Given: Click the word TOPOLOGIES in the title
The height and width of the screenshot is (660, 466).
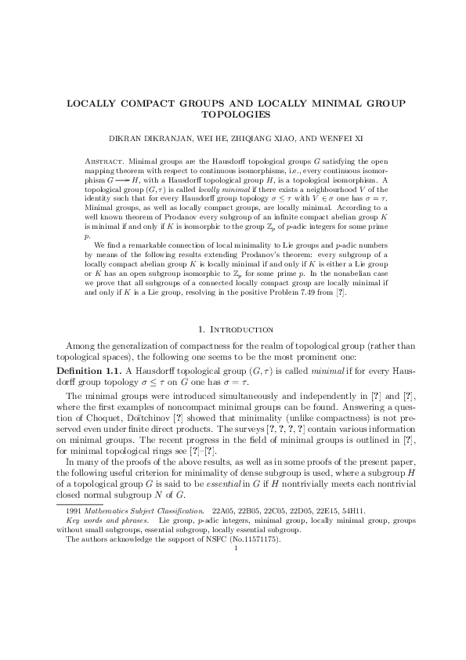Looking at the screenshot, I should pyautogui.click(x=233, y=114).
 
